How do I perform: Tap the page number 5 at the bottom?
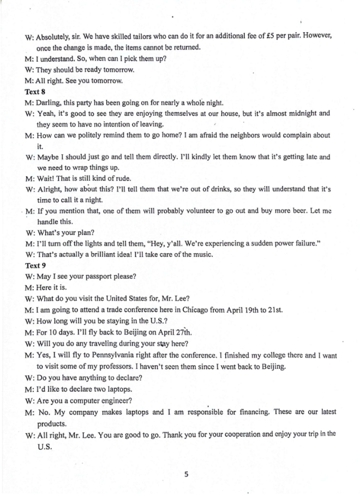pyautogui.click(x=186, y=474)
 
